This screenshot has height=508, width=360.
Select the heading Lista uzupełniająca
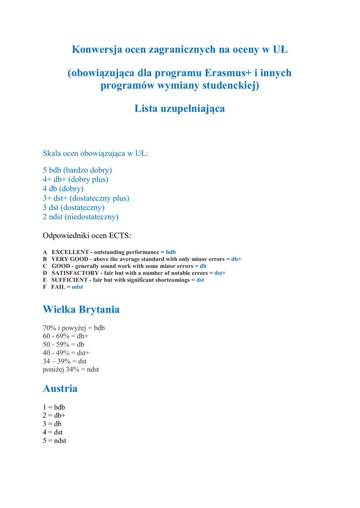tap(179, 108)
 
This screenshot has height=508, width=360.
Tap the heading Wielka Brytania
tap(81, 310)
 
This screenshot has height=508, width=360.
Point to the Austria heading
tap(60, 388)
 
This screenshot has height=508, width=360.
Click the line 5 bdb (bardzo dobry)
tap(77, 170)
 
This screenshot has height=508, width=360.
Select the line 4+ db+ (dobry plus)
tap(75, 179)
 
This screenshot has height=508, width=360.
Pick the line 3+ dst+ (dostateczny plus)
tap(86, 198)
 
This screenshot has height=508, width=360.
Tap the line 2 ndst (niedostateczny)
tap(80, 217)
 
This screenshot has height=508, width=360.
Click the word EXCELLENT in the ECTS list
tap(70, 252)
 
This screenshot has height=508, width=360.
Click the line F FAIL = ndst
tap(63, 287)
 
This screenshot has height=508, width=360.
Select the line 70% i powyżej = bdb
tap(73, 328)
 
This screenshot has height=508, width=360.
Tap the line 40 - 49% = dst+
tap(66, 353)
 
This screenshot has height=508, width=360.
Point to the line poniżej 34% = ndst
tap(71, 369)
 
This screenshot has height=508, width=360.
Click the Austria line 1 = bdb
tap(54, 407)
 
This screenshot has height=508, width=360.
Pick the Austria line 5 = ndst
tap(55, 441)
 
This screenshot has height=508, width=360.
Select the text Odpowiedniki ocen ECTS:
tap(87, 235)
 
